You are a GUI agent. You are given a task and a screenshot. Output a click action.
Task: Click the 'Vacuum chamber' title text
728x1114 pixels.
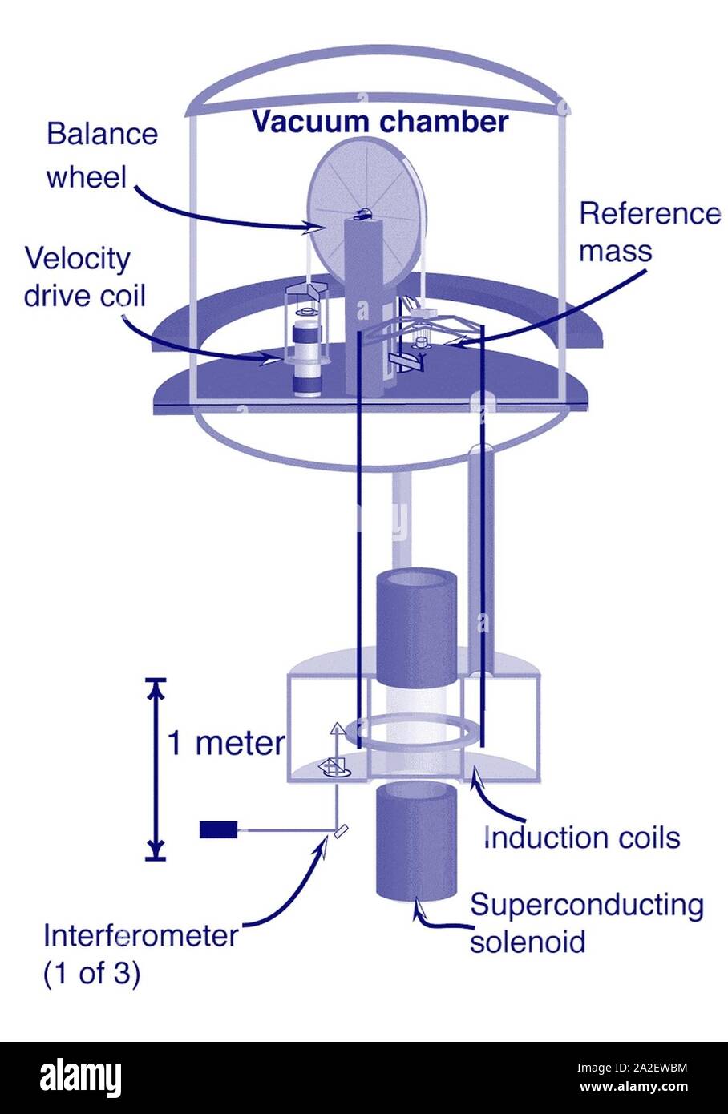(x=380, y=122)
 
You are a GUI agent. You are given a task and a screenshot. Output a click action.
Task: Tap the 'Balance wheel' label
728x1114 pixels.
(x=101, y=155)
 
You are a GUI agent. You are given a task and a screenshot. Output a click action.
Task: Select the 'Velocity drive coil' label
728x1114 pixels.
(x=84, y=276)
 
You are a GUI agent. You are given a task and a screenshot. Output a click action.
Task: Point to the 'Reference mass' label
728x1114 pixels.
(x=649, y=232)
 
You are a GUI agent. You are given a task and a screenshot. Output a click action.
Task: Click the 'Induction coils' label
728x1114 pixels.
(x=583, y=838)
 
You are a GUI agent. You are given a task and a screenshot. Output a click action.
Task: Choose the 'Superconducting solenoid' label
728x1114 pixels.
(x=586, y=922)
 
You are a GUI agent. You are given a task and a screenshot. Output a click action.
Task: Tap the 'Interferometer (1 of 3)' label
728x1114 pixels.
(x=140, y=954)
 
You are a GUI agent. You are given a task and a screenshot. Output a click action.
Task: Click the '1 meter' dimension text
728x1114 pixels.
(x=225, y=743)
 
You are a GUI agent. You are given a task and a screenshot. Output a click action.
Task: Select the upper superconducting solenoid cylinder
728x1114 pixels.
(x=415, y=625)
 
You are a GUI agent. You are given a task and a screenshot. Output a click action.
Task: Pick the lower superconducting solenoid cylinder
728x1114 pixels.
(x=415, y=842)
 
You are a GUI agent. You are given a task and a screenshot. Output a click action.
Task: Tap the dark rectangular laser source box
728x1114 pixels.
(x=217, y=829)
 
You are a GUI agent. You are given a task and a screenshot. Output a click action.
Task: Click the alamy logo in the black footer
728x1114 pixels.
(x=80, y=1077)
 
